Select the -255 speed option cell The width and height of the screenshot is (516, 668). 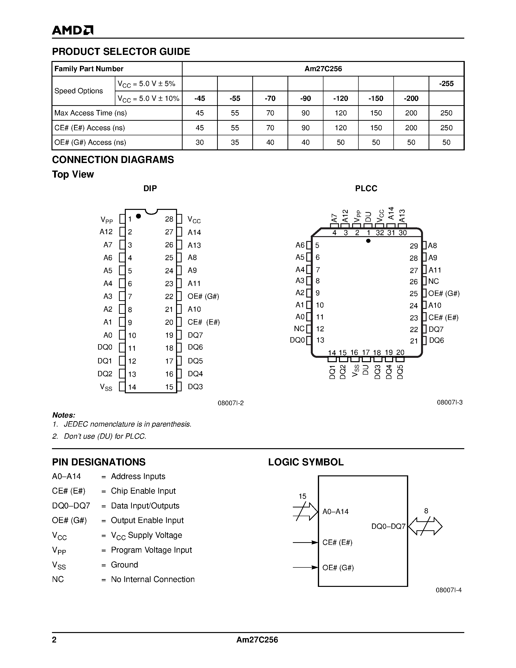point(446,84)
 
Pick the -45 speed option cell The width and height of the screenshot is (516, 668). point(200,98)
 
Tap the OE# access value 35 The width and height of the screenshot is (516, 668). point(235,142)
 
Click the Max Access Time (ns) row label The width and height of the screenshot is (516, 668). point(91,113)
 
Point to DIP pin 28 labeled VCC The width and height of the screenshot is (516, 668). point(194,220)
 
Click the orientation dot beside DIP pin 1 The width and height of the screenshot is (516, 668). point(138,216)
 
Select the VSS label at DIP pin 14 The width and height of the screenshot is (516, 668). point(106,387)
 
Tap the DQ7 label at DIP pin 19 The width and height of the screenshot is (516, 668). point(195,335)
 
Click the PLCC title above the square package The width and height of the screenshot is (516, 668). point(366,188)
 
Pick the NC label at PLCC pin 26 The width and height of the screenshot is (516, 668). point(433,281)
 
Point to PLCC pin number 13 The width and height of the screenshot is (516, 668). point(320,340)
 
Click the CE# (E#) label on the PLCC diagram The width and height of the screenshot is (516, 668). point(443,317)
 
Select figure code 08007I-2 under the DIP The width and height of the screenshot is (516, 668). point(230,403)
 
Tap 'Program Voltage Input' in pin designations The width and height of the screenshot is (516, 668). point(151,550)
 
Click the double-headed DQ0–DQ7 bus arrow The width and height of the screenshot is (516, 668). point(425,526)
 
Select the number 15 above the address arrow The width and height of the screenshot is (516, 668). point(302,496)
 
